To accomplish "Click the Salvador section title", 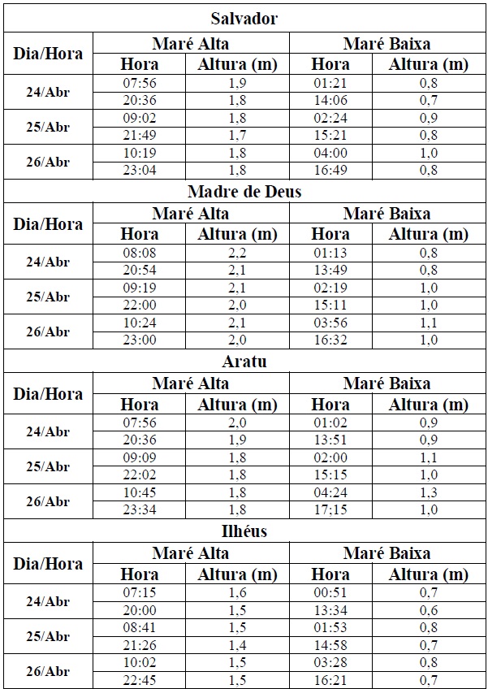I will pyautogui.click(x=244, y=19).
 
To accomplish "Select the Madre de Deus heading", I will pyautogui.click(x=244, y=192).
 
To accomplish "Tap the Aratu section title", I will pyautogui.click(x=244, y=362).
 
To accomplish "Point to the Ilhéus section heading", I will pyautogui.click(x=244, y=531).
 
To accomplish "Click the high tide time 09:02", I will pyautogui.click(x=140, y=117).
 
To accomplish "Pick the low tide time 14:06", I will pyautogui.click(x=330, y=100).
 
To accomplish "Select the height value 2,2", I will pyautogui.click(x=237, y=253).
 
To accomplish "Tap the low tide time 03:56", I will pyautogui.click(x=330, y=323).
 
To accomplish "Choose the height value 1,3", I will pyautogui.click(x=429, y=492).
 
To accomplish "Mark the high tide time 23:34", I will pyautogui.click(x=140, y=509).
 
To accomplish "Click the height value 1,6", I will pyautogui.click(x=237, y=593).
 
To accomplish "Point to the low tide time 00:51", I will pyautogui.click(x=330, y=593).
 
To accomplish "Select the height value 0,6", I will pyautogui.click(x=429, y=610).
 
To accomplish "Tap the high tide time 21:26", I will pyautogui.click(x=140, y=644).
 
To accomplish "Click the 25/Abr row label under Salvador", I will pyautogui.click(x=48, y=127).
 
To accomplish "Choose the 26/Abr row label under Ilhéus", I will pyautogui.click(x=48, y=671).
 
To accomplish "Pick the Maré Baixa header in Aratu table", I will pyautogui.click(x=387, y=383).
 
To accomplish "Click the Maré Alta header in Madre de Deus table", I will pyautogui.click(x=190, y=214).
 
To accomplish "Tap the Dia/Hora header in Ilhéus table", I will pyautogui.click(x=48, y=563).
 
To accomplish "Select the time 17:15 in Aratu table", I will pyautogui.click(x=330, y=509).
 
